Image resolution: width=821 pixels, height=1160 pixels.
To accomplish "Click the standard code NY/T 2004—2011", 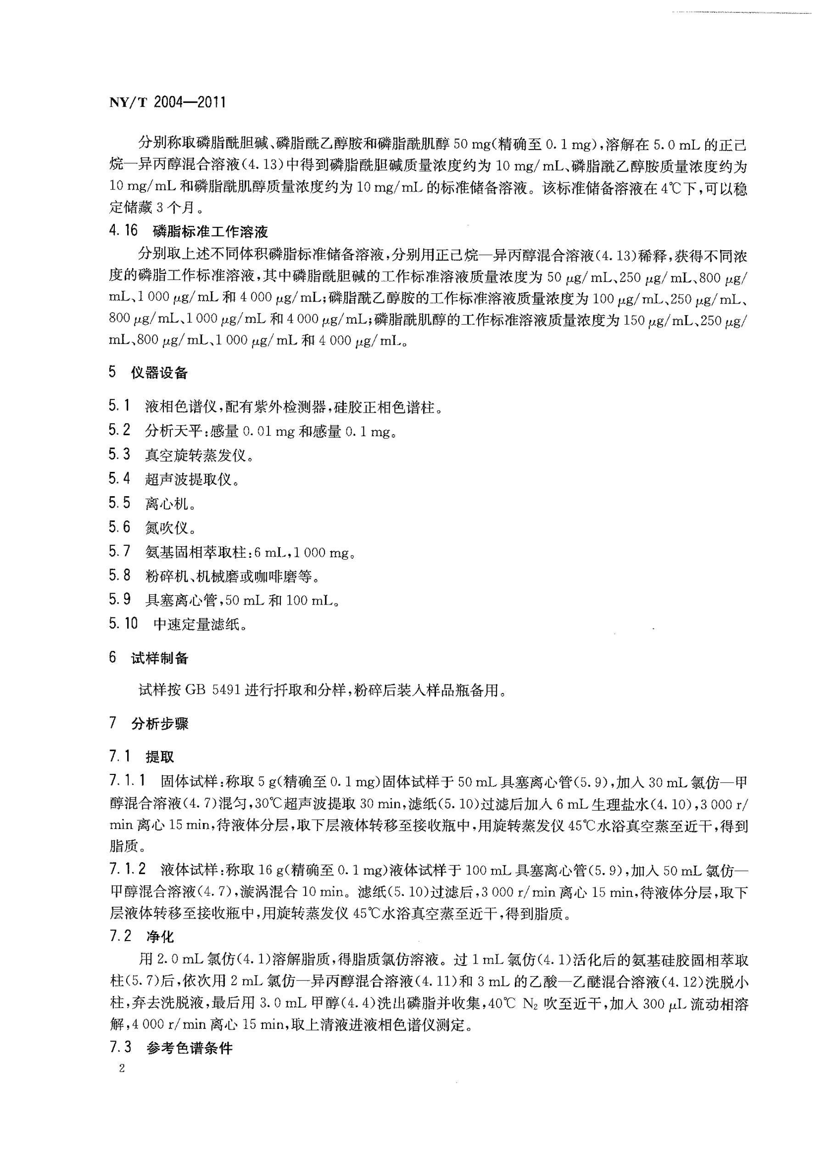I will click(167, 103).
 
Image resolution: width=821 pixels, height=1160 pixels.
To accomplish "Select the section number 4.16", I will click(123, 231).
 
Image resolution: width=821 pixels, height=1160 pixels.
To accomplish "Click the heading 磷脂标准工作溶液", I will click(210, 232).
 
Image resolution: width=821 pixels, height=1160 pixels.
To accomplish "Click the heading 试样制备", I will click(159, 658).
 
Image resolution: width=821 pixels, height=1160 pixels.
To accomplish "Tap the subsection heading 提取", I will click(159, 757).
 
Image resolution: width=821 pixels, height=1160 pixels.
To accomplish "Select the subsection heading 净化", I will click(160, 937).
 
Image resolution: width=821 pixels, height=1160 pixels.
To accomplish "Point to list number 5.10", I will click(123, 624).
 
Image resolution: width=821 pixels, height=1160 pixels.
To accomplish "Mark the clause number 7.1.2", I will click(128, 869).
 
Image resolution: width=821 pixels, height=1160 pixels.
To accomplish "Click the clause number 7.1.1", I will click(128, 781).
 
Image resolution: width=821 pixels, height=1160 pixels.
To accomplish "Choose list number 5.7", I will click(119, 551).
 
